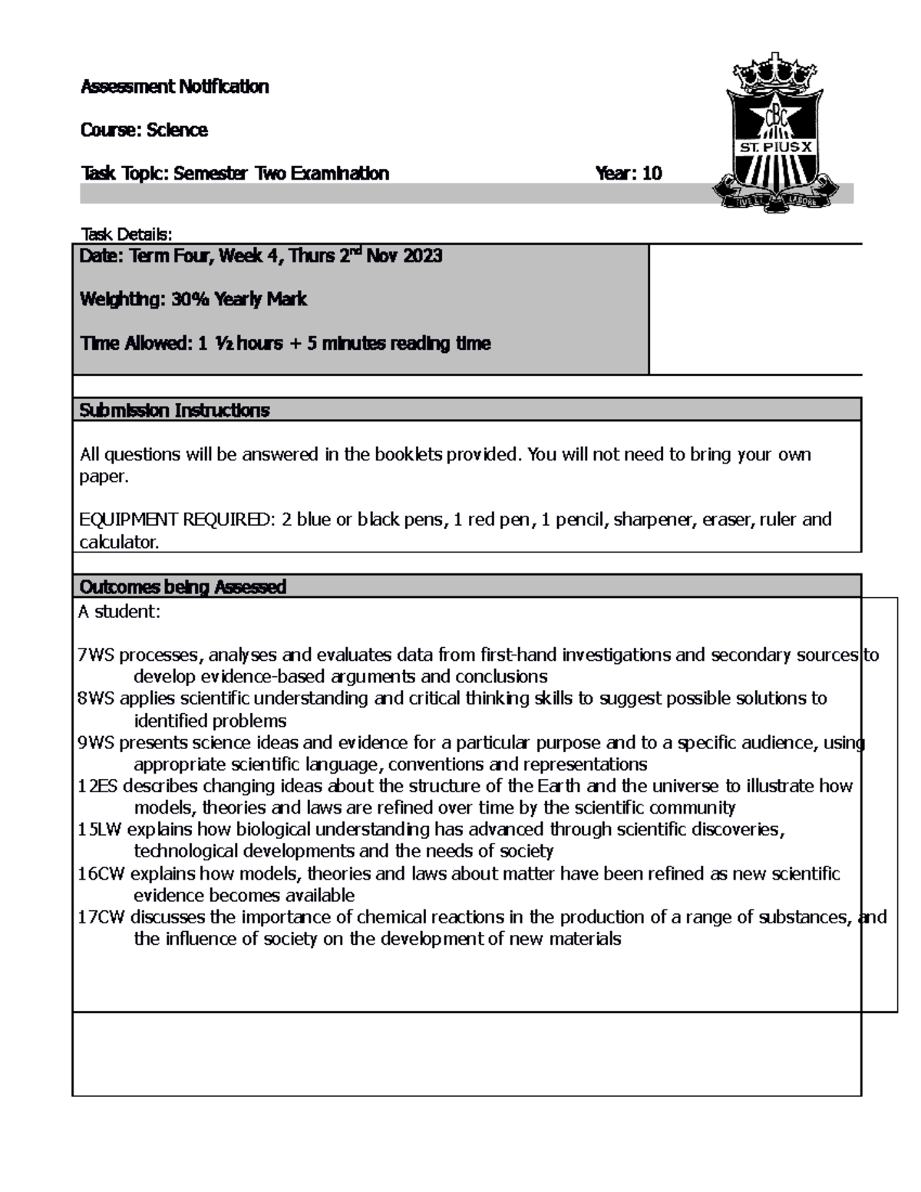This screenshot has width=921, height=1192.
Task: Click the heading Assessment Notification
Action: click(174, 87)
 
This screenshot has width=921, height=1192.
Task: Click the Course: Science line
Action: click(144, 130)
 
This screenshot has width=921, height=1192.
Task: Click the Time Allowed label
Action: click(136, 343)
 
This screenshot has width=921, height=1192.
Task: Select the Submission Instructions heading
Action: click(174, 411)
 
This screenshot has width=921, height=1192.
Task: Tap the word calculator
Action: click(119, 543)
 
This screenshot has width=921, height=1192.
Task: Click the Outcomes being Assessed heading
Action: click(183, 587)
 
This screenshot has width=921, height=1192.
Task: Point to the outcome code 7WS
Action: click(95, 655)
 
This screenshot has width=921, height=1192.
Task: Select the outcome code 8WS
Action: click(95, 698)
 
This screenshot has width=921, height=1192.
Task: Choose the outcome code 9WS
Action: click(95, 742)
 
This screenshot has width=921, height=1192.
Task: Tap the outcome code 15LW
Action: click(101, 830)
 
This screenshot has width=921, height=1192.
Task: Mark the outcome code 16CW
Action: click(101, 874)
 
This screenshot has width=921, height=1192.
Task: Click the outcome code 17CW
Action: click(101, 917)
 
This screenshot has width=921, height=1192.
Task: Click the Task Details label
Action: click(127, 234)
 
